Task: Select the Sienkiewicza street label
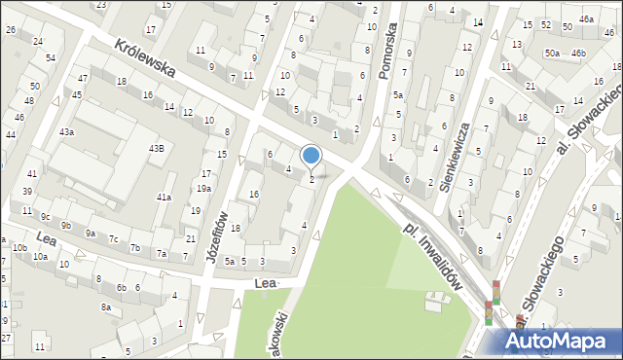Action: (456, 157)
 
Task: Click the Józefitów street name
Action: (219, 233)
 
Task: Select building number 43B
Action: (156, 148)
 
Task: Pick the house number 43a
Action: (66, 131)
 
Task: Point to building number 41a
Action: (165, 197)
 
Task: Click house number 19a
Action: (203, 188)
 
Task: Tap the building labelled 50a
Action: (552, 53)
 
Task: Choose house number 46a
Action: (586, 18)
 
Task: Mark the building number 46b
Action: (579, 53)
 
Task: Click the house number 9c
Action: (45, 216)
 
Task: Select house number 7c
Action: (113, 238)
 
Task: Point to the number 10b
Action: (19, 247)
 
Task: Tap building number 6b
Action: (122, 287)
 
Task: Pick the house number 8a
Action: (105, 307)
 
